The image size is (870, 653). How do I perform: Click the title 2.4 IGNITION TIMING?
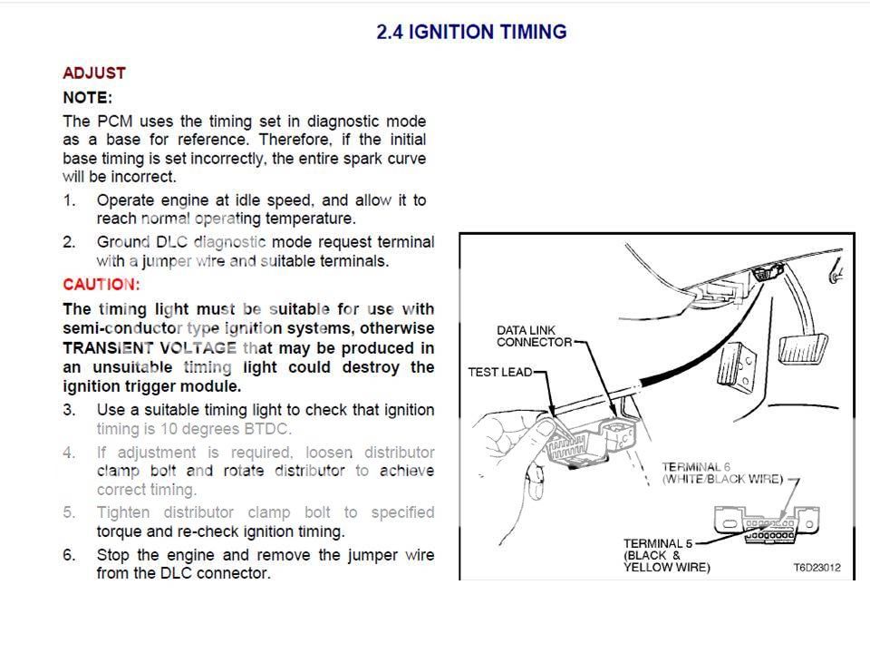(x=471, y=32)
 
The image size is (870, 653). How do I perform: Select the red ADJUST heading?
(x=94, y=73)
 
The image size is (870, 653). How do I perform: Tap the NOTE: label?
(x=87, y=97)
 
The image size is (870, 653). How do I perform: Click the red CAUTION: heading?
(x=101, y=285)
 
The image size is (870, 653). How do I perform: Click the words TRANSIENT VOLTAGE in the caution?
(x=150, y=347)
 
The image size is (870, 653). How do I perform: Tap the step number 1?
(x=69, y=200)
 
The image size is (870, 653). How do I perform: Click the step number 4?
(x=69, y=452)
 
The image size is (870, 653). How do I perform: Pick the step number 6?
(x=69, y=554)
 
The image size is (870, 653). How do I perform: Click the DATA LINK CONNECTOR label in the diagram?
(x=535, y=336)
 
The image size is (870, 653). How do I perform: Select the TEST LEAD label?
(x=499, y=372)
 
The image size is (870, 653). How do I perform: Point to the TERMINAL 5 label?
(x=657, y=543)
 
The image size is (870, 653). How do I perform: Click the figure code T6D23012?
(x=817, y=568)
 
